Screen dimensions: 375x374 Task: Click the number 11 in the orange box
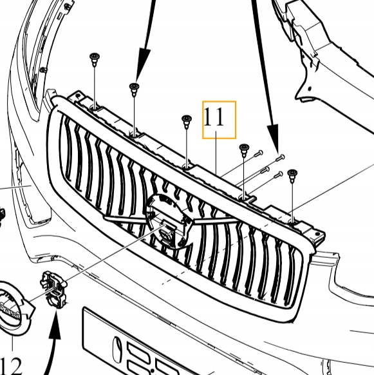pyautogui.click(x=214, y=118)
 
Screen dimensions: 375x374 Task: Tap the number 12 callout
pyautogui.click(x=11, y=365)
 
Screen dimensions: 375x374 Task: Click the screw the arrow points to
pyautogui.click(x=279, y=158)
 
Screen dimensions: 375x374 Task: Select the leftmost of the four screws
pyautogui.click(x=257, y=153)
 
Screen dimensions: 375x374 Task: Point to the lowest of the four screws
pyautogui.click(x=277, y=174)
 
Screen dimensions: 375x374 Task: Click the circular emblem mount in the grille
pyautogui.click(x=169, y=221)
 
